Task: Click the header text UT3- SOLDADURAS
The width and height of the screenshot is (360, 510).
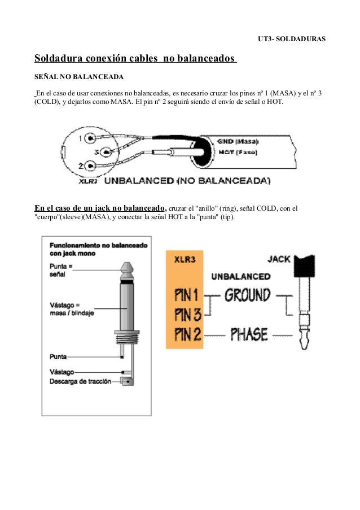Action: (x=296, y=41)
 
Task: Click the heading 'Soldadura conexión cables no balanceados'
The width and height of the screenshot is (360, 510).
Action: (x=135, y=58)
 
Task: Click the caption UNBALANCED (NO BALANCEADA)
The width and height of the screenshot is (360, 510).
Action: (x=187, y=181)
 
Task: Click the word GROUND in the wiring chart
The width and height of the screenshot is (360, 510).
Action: (x=247, y=295)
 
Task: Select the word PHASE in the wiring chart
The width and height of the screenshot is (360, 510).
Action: (x=249, y=334)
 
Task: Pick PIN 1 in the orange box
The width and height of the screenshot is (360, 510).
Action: (x=187, y=295)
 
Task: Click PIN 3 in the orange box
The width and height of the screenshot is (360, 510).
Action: (x=187, y=314)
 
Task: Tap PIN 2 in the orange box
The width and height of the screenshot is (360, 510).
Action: (x=187, y=334)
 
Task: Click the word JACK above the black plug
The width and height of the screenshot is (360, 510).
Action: (x=279, y=259)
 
